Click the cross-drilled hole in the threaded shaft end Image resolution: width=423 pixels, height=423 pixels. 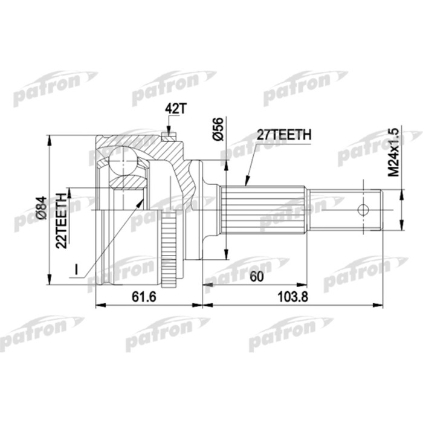tap(363, 210)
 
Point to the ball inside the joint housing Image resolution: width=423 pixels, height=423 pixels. tap(124, 161)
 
